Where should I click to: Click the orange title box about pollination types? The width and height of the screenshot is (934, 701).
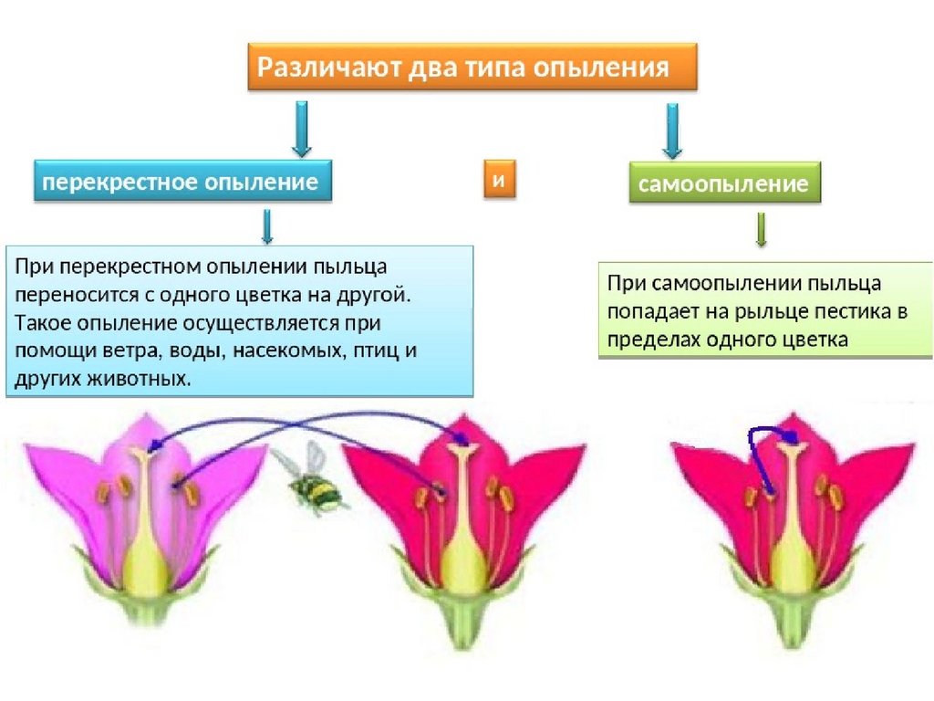pos(472,67)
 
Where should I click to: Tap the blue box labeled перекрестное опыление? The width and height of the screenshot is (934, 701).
pos(182,181)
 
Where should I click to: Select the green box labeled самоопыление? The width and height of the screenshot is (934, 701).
pos(724,183)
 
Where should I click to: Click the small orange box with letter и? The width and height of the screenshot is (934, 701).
pos(499,179)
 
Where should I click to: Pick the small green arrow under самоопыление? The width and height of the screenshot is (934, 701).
pos(761,229)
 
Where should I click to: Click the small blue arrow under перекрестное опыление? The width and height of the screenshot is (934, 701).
pos(267,226)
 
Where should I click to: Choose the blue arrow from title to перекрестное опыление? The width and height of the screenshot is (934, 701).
pos(302,129)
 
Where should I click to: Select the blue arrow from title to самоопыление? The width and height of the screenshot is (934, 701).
pos(672,131)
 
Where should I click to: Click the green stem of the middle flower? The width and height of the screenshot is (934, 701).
pos(462,627)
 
